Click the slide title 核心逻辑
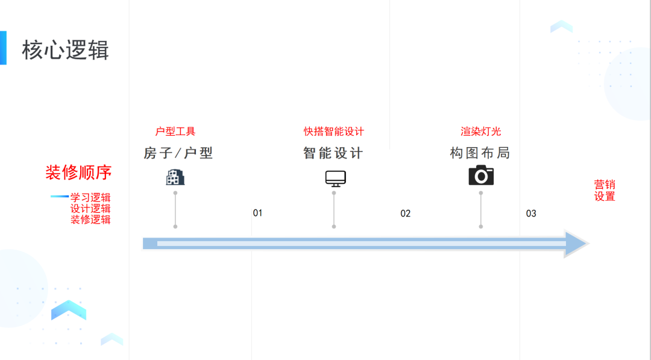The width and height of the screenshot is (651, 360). click(x=65, y=50)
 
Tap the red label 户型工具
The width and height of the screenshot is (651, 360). click(x=175, y=131)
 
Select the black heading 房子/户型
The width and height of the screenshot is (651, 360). click(x=178, y=153)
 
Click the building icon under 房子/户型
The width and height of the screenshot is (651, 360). click(x=175, y=177)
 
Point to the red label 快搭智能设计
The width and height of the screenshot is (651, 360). click(x=334, y=131)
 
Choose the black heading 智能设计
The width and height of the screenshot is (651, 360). click(x=333, y=153)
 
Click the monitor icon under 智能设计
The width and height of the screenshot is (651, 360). click(x=336, y=178)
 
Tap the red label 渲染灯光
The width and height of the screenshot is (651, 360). click(x=481, y=131)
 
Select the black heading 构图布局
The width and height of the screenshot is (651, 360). click(x=480, y=153)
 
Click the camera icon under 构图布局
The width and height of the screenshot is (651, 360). click(x=481, y=175)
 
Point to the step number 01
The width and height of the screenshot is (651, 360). click(x=257, y=213)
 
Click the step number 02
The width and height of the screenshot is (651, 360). click(x=405, y=213)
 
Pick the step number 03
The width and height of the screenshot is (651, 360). click(x=531, y=213)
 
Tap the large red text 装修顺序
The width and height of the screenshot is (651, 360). click(x=78, y=172)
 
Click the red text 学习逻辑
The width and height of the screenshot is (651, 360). click(x=90, y=197)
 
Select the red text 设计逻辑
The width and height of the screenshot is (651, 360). click(x=90, y=208)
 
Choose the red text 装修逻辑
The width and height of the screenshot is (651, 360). click(x=90, y=219)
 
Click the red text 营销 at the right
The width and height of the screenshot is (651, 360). click(x=605, y=185)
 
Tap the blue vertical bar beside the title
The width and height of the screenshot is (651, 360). click(x=3, y=48)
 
